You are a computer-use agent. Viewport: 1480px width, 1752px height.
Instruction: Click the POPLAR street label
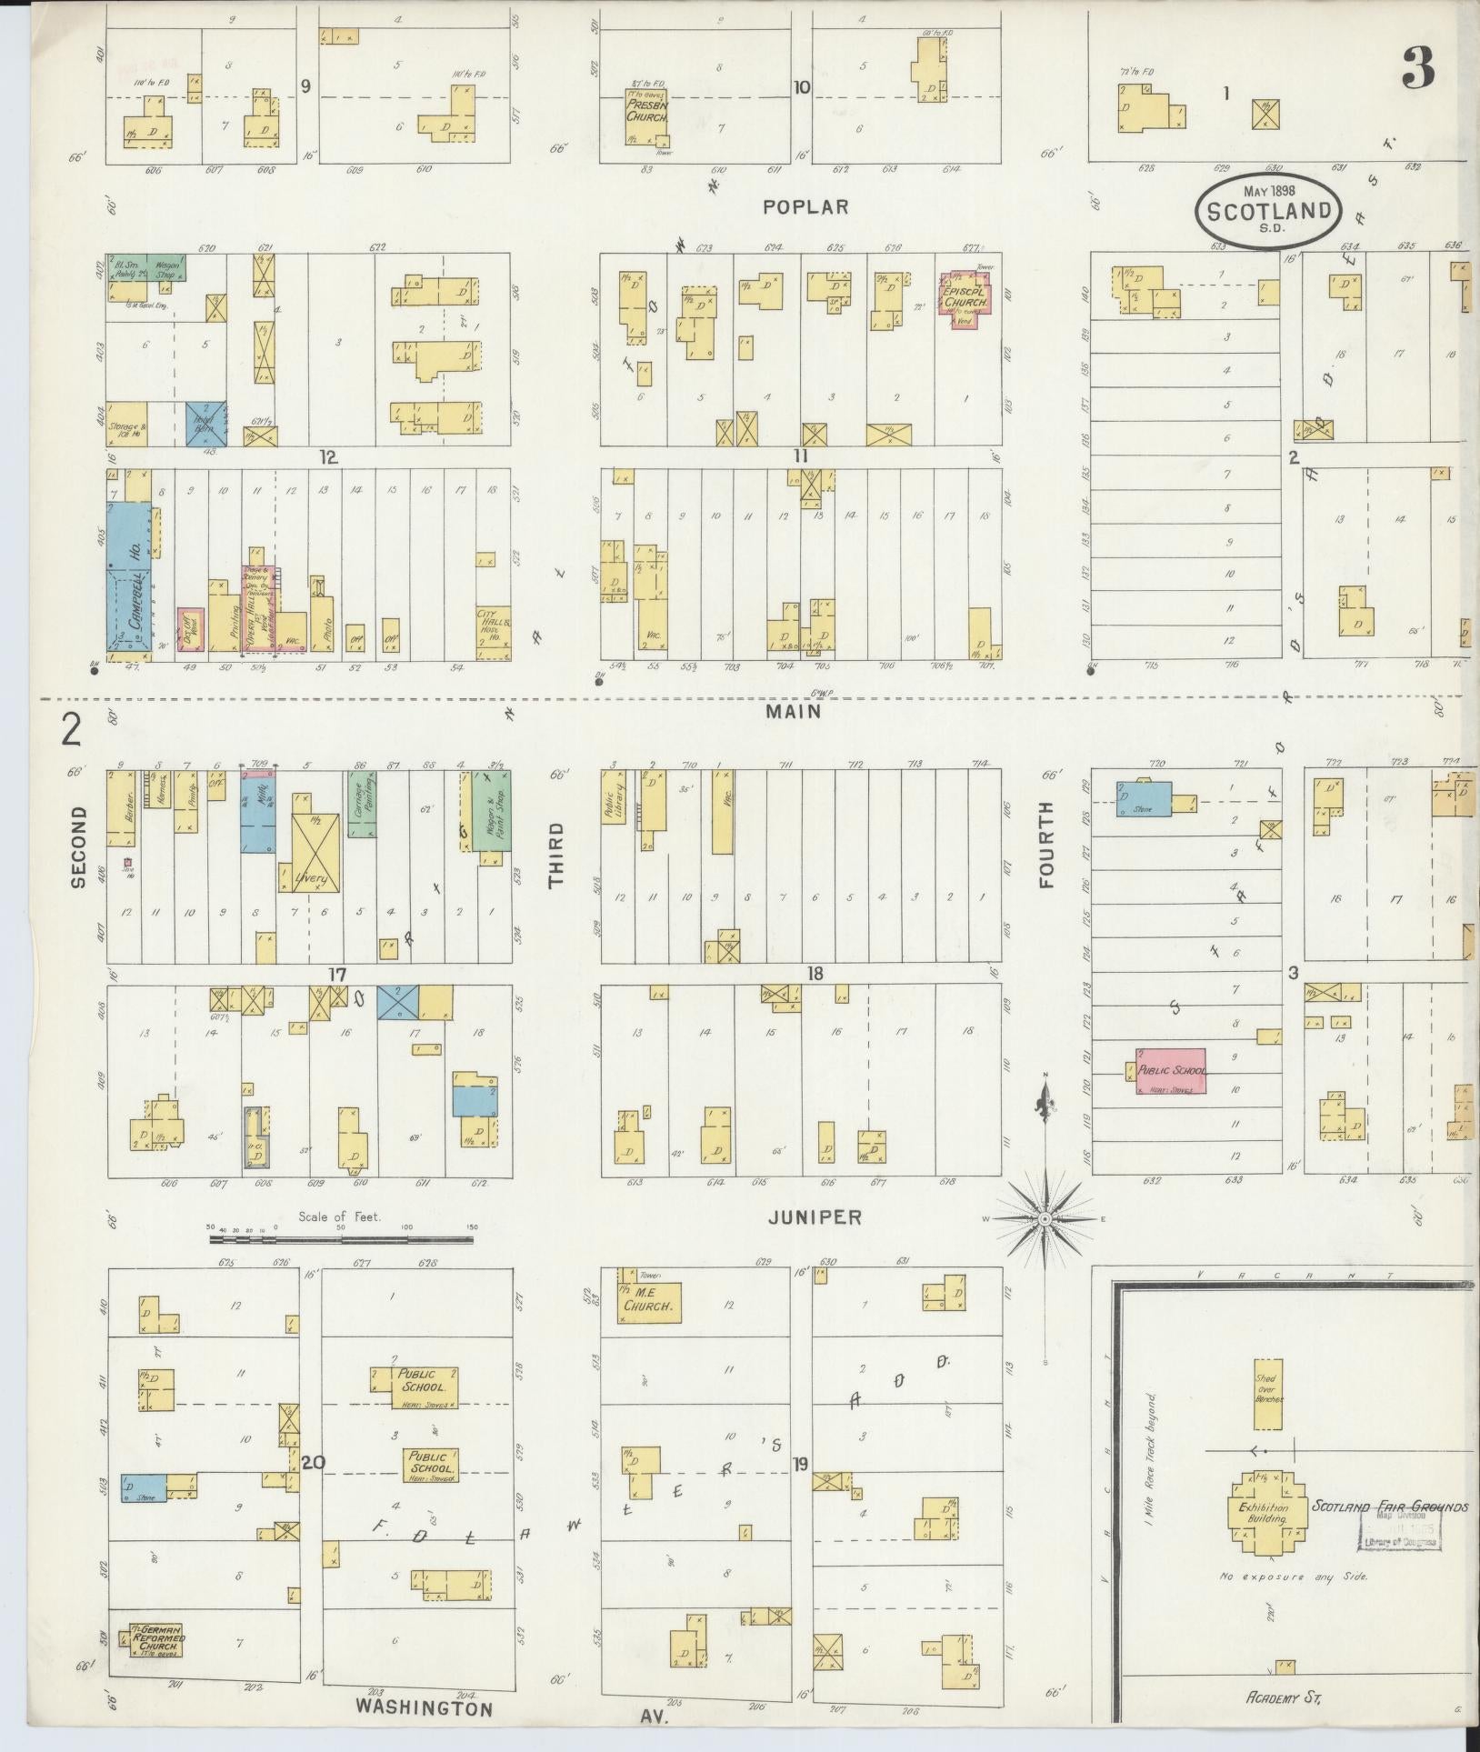[805, 207]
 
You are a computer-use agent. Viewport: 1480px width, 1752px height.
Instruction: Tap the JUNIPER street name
[815, 1217]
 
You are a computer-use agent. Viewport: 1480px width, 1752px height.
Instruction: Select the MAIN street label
[793, 712]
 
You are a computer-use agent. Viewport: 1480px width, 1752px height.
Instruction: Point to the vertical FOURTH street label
[1045, 844]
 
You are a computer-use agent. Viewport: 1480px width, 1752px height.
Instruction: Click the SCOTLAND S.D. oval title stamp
[1268, 210]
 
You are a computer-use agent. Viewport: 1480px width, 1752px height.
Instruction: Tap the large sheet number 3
[1418, 66]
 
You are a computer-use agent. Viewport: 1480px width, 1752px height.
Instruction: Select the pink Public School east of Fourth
[1171, 1070]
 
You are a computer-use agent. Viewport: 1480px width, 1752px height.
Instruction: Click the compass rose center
[1045, 1218]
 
